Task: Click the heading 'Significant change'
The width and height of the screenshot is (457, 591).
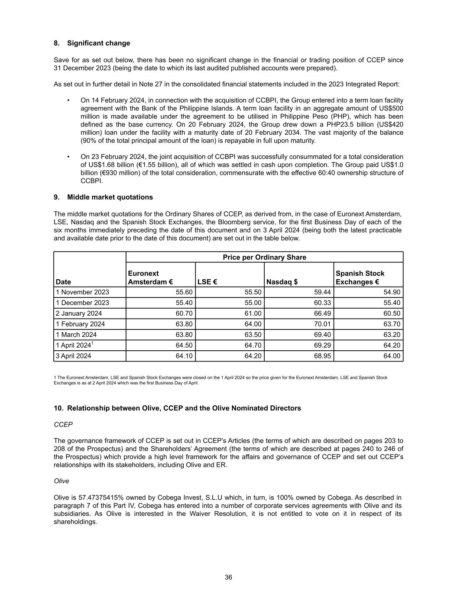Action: coord(98,43)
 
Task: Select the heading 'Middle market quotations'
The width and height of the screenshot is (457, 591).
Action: coord(110,197)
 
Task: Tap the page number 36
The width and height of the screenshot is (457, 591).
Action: coord(228,577)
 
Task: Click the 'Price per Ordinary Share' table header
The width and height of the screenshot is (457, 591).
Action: coord(264,258)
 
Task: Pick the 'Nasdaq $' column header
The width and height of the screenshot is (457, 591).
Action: coord(282,282)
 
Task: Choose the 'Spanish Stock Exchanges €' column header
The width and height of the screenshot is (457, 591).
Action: coord(360,278)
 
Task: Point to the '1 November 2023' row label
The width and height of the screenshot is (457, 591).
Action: coord(83,292)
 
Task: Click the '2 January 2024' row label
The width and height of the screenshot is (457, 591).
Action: coord(79,313)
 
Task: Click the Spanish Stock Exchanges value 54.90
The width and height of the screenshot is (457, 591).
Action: coord(392,292)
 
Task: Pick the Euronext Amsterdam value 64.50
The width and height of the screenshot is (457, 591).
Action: coord(184,346)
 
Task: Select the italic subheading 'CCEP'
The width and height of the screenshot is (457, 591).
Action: coord(63,425)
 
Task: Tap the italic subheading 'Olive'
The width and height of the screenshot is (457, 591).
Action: coord(62,481)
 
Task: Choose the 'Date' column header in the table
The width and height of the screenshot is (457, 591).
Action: coord(63,282)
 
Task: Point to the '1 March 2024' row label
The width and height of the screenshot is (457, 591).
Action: coord(76,335)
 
